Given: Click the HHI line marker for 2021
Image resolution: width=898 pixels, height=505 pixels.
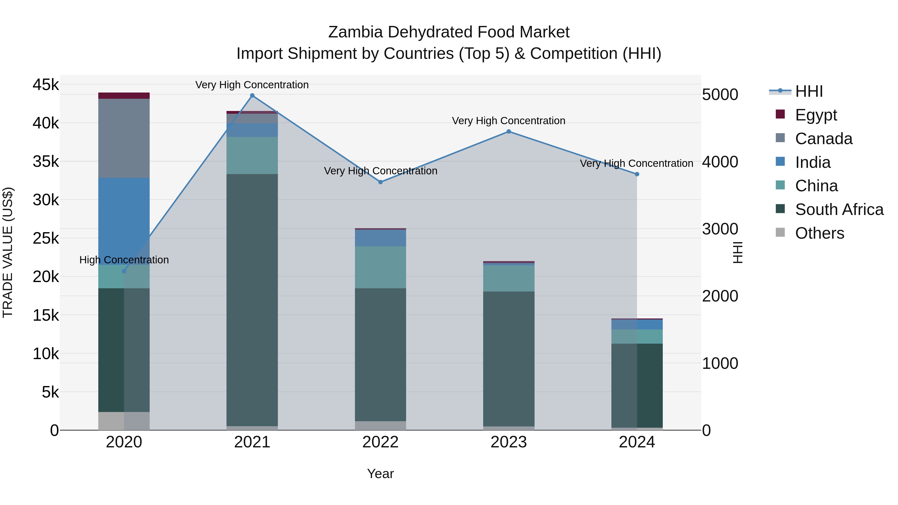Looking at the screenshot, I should coord(252,96).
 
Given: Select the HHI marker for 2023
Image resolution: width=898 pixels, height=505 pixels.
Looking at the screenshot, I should coord(509,131).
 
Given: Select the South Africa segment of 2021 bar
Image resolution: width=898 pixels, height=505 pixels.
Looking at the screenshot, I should coord(252,300).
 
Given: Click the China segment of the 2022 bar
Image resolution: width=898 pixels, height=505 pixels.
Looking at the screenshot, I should coord(380,267).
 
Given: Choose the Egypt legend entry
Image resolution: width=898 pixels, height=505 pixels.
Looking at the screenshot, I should coord(816,115).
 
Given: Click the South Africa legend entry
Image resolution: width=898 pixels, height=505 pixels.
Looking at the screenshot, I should coord(839,209).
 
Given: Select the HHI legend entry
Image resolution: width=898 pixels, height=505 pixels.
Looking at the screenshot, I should coord(809,91).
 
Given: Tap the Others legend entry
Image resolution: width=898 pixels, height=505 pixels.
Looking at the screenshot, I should coord(819,233).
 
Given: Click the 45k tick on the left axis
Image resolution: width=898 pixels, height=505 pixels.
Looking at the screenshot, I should coord(46,85).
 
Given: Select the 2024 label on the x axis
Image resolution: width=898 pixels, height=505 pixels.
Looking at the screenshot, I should coord(637,442).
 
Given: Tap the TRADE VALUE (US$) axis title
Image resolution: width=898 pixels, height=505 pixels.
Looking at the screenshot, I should coord(8,252).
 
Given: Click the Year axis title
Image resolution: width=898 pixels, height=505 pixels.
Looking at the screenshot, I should coord(380,474).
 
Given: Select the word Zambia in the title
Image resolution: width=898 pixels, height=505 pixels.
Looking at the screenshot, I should coord(355,32).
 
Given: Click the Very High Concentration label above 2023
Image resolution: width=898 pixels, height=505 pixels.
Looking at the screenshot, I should coord(509,121).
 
